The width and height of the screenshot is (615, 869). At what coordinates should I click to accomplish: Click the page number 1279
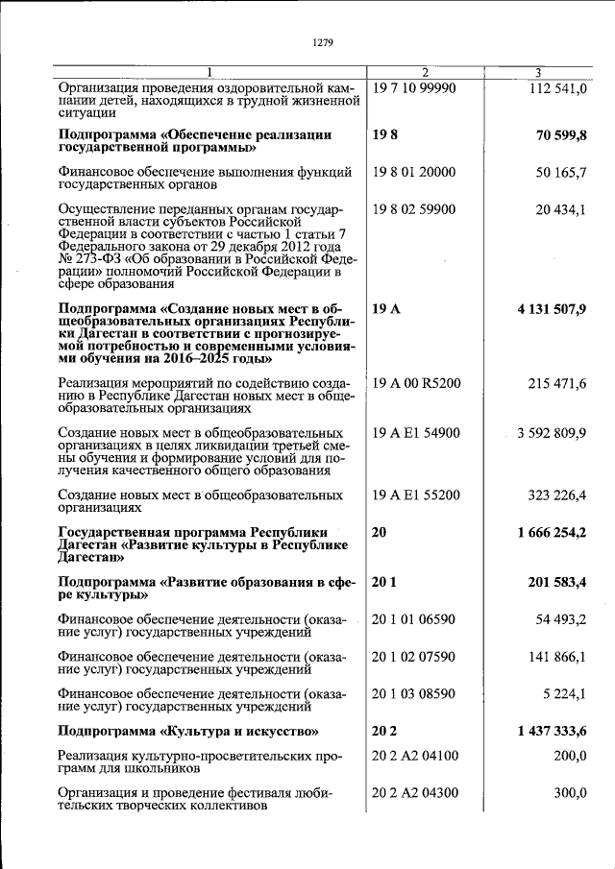pyautogui.click(x=322, y=42)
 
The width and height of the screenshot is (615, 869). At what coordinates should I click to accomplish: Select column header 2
pyautogui.click(x=426, y=73)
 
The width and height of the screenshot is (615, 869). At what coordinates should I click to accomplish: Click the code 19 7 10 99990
pyautogui.click(x=413, y=88)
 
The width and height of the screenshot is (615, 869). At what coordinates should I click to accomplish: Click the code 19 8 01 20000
pyautogui.click(x=413, y=173)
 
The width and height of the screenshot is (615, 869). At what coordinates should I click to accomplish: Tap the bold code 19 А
pyautogui.click(x=384, y=308)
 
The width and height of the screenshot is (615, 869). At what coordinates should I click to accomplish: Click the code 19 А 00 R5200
pyautogui.click(x=416, y=383)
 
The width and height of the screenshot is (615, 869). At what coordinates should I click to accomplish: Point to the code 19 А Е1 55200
pyautogui.click(x=416, y=495)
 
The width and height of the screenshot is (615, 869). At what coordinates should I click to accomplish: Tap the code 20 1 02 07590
pyautogui.click(x=413, y=657)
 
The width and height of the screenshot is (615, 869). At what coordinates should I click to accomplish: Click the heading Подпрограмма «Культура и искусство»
pyautogui.click(x=188, y=731)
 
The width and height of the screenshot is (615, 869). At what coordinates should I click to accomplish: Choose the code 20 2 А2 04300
pyautogui.click(x=416, y=792)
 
